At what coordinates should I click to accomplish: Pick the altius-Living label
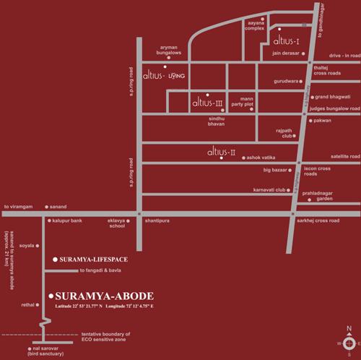(165, 74)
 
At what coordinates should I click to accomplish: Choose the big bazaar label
(277, 170)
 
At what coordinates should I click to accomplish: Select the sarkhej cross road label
(336, 218)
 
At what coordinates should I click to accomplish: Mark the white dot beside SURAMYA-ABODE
(49, 296)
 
